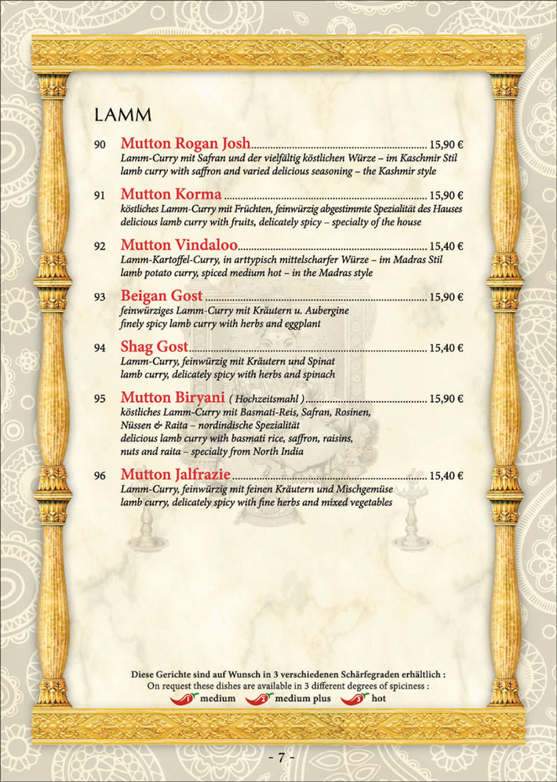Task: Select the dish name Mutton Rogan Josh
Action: pyautogui.click(x=185, y=143)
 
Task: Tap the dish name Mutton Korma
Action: pyautogui.click(x=171, y=194)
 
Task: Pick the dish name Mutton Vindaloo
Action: pyautogui.click(x=178, y=245)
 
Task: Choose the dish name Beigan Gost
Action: pyautogui.click(x=162, y=296)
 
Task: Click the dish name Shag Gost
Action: pyautogui.click(x=155, y=347)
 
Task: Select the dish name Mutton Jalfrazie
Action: pyautogui.click(x=177, y=474)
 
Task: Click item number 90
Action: pyautogui.click(x=100, y=144)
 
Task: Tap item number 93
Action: pyautogui.click(x=100, y=298)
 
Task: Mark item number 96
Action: pyautogui.click(x=100, y=476)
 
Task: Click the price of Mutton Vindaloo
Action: pyautogui.click(x=446, y=247)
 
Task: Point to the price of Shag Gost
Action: pyautogui.click(x=446, y=349)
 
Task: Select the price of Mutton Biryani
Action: pyautogui.click(x=446, y=400)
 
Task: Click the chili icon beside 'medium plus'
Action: pyautogui.click(x=259, y=698)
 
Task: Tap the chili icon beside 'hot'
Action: pyautogui.click(x=355, y=698)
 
